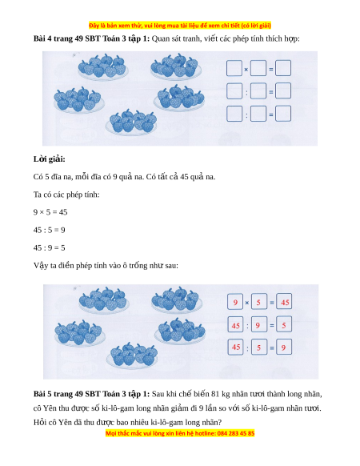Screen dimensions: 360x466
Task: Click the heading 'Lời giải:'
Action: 50,159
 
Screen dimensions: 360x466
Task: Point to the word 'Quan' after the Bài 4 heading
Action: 160,39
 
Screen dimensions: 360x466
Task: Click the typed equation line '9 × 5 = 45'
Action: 50,212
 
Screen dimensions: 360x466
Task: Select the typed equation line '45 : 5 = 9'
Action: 50,230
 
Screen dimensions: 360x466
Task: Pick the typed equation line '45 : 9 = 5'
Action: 50,248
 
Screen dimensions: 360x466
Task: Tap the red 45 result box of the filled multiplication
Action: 284,302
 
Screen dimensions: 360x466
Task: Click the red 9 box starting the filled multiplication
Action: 235,302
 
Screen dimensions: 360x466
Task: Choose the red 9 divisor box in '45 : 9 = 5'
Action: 259,325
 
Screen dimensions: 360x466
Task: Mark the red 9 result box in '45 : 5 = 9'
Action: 284,347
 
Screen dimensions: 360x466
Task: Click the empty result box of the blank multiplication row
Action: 283,68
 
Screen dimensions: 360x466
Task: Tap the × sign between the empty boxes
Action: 246,70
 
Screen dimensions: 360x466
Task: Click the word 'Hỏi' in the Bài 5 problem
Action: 39,422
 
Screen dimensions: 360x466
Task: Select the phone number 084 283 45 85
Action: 236,433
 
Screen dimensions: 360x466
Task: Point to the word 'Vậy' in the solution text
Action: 40,266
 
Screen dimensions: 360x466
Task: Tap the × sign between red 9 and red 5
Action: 247,303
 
